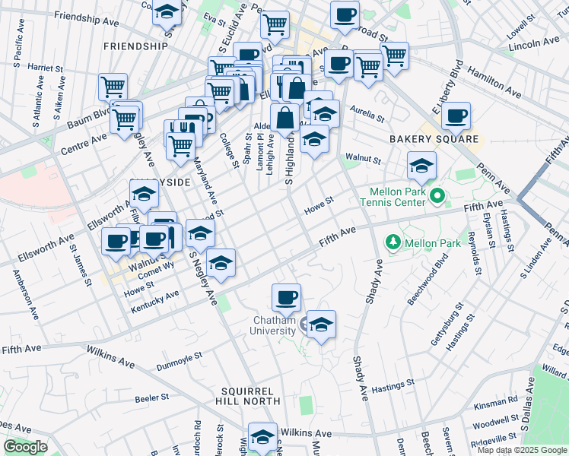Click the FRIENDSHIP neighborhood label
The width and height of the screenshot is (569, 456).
(x=135, y=46)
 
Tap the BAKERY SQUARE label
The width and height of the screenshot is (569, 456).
(x=434, y=139)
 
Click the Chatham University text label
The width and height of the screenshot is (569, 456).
(x=274, y=326)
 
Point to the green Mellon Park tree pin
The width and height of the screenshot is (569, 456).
(x=393, y=242)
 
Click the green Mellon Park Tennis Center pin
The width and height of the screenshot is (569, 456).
(x=436, y=198)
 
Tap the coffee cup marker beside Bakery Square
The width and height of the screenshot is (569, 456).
(x=456, y=116)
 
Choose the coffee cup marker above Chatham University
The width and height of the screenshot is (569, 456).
(x=286, y=297)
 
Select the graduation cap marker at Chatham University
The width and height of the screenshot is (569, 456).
(x=321, y=325)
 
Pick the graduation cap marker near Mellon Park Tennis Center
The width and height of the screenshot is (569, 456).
(x=421, y=166)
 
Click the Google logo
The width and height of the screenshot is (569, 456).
(x=25, y=447)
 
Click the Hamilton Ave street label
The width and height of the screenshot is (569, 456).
(x=495, y=81)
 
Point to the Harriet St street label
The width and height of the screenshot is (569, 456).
(x=46, y=68)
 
